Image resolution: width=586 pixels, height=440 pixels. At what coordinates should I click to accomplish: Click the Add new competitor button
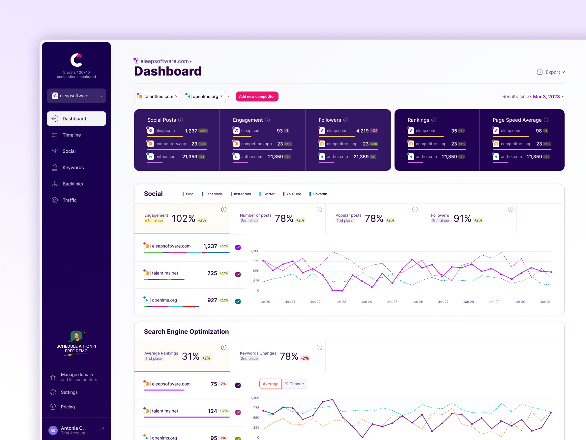(x=257, y=97)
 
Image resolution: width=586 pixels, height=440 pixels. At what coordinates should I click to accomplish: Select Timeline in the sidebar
(x=72, y=135)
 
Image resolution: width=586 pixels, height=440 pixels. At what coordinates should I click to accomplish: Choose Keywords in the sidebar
(x=73, y=168)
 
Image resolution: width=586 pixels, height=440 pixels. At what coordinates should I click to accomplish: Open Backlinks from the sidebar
(x=73, y=184)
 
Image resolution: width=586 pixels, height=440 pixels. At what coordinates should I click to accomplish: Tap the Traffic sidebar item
(x=69, y=200)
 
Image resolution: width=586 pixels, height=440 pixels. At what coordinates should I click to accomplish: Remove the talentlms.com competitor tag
(x=176, y=96)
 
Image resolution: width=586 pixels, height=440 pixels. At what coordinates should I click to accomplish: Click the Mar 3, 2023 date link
(x=546, y=97)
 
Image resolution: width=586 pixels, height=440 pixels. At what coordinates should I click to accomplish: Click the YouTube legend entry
(x=293, y=194)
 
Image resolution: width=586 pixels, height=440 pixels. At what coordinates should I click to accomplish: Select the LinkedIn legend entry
(x=319, y=194)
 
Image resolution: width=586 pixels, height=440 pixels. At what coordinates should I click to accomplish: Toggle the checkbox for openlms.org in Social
(x=238, y=301)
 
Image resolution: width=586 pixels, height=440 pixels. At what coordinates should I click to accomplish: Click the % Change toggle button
(x=294, y=384)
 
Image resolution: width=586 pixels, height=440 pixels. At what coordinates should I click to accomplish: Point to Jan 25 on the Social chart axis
(x=392, y=302)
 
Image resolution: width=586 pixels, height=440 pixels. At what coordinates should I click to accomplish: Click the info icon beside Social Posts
(x=181, y=120)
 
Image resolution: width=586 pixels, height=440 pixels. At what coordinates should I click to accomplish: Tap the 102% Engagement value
(x=183, y=218)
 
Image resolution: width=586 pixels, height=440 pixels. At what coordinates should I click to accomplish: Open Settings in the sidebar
(x=69, y=392)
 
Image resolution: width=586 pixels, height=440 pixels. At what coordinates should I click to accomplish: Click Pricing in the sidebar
(x=68, y=407)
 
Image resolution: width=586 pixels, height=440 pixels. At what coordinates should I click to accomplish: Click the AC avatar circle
(x=53, y=430)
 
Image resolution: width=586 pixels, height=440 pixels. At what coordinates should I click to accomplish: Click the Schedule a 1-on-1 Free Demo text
(x=76, y=349)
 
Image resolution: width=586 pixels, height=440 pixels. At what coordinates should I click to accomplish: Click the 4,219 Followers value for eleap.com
(x=362, y=131)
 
